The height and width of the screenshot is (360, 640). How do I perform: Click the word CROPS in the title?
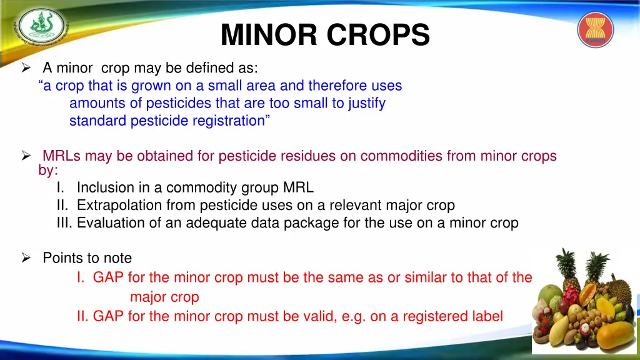[382, 35]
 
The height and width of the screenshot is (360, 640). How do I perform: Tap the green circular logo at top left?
[41, 26]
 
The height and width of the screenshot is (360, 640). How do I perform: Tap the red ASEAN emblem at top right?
[596, 30]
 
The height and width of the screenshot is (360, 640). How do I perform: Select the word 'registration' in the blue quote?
[229, 121]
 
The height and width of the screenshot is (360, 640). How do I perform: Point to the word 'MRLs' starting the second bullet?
[62, 156]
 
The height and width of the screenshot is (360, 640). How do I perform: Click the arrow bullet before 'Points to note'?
[26, 258]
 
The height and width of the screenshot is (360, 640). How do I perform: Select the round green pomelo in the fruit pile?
[549, 297]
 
